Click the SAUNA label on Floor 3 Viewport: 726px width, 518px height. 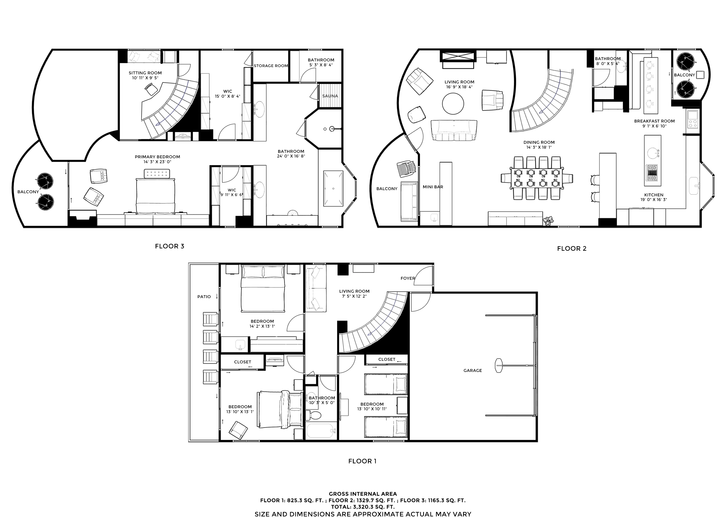[x=330, y=96]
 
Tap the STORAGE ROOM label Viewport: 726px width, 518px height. [x=271, y=66]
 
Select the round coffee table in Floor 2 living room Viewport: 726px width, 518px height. [x=453, y=103]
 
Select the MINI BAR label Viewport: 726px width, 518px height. [x=433, y=187]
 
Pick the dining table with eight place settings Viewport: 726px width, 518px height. [x=537, y=178]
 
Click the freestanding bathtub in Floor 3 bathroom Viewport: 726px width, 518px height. [x=333, y=189]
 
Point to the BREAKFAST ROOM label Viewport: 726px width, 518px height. [x=654, y=121]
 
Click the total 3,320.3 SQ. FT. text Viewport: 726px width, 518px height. [x=363, y=507]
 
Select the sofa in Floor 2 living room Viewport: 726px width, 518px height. [x=454, y=130]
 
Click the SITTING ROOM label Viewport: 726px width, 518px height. [x=145, y=73]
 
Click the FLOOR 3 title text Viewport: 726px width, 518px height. [x=170, y=246]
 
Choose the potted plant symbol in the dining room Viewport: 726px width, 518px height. [x=548, y=221]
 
